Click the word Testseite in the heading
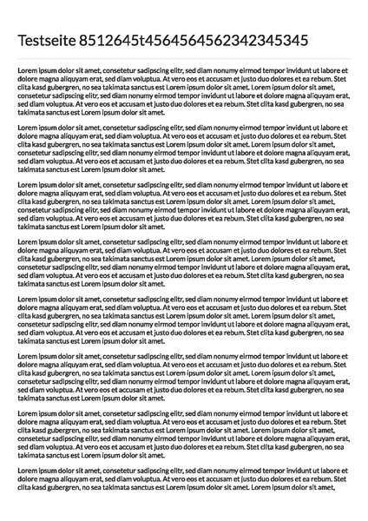point(46,40)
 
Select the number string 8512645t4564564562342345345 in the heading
point(193,40)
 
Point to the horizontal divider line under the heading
point(184,58)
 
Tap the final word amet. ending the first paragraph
point(156,112)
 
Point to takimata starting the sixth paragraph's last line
point(32,399)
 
